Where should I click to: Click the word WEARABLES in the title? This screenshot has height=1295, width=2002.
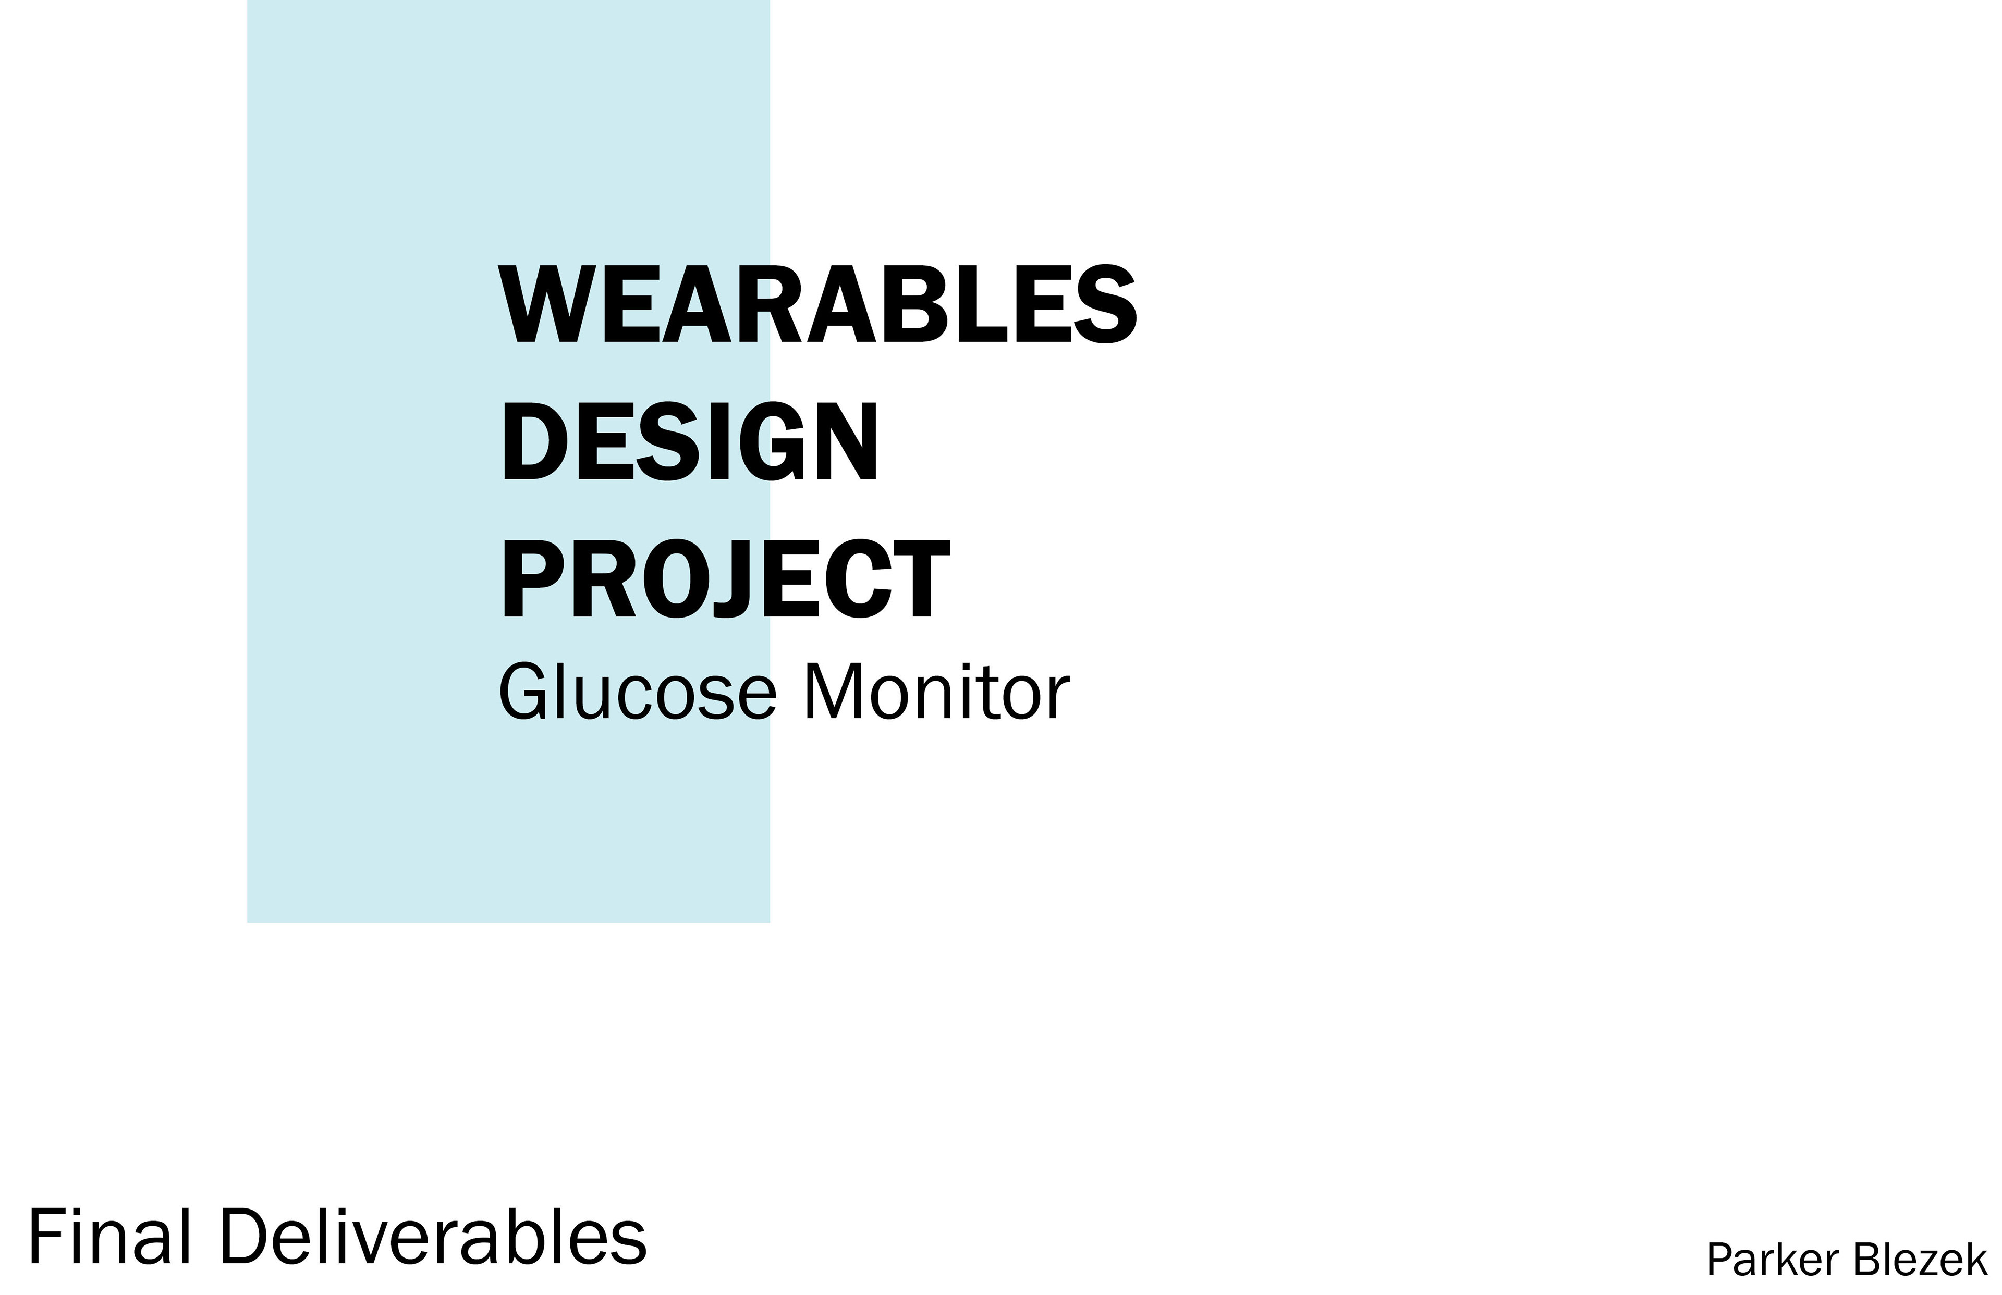817,304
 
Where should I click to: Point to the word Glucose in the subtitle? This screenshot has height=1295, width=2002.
637,691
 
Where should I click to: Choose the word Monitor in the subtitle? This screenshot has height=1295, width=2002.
937,691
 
